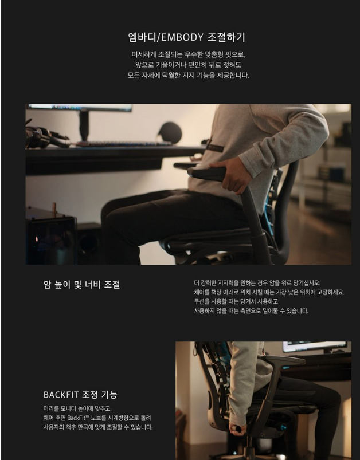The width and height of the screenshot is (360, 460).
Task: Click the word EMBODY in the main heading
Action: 182,37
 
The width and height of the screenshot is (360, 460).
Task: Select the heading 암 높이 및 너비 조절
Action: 81,284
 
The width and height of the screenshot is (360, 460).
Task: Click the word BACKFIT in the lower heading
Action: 61,395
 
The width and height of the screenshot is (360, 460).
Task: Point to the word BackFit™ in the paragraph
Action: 78,418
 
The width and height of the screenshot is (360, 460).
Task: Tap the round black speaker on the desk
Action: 170,133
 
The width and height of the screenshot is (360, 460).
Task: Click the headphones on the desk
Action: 47,137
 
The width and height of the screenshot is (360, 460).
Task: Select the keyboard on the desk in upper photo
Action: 123,144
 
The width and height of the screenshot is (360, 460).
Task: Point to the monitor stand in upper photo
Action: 84,125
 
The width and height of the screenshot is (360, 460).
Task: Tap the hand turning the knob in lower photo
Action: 237,429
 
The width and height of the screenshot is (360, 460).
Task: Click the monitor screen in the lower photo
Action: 315,346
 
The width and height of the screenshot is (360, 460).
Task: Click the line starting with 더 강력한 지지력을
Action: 257,283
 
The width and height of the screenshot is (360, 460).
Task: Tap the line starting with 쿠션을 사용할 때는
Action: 236,301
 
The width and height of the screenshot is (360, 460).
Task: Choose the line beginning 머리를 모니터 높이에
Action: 77,408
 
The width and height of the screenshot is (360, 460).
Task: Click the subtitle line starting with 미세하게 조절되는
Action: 188,54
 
